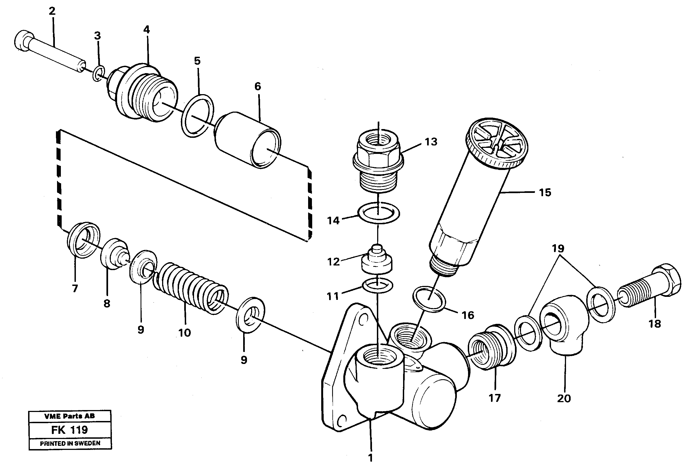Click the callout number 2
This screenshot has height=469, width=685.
52,11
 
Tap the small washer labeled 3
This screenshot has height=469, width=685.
99,74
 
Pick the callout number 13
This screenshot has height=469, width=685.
431,142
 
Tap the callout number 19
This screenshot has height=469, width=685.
558,248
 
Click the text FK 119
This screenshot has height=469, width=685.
70,430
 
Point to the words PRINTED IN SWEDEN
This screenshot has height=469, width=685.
70,443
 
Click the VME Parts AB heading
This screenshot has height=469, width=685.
70,416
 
